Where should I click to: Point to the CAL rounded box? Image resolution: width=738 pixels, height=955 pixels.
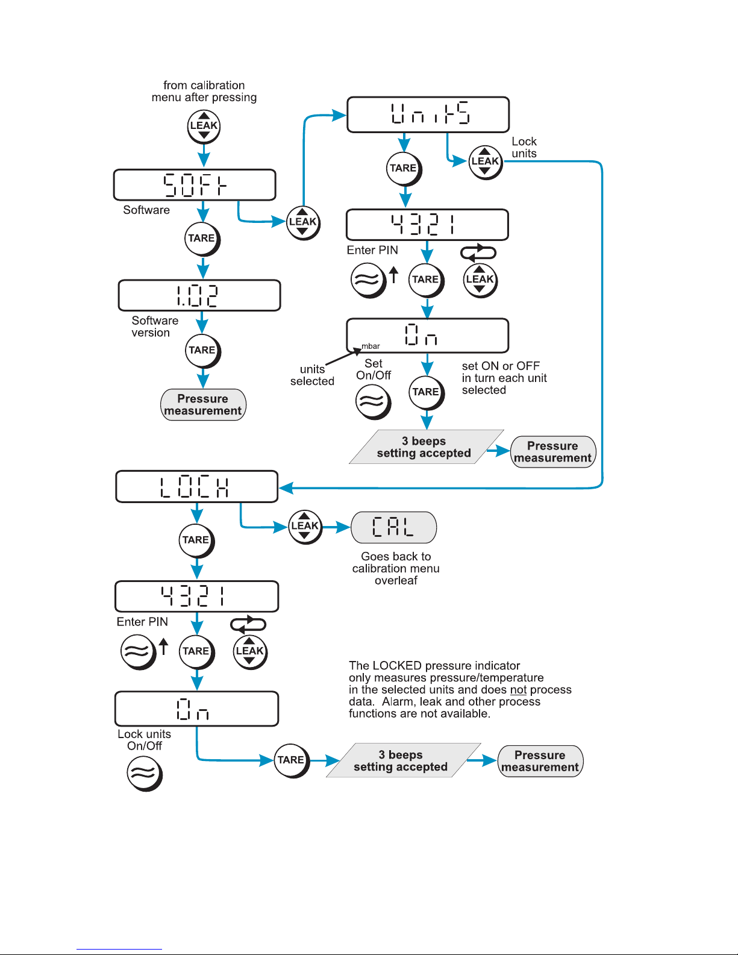(393, 527)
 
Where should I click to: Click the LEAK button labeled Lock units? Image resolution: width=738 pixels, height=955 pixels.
(486, 162)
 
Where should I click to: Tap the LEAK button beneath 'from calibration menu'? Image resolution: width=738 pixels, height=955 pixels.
(204, 127)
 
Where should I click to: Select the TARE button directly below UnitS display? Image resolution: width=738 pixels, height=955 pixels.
(404, 169)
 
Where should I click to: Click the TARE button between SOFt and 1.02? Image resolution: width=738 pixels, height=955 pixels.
(202, 239)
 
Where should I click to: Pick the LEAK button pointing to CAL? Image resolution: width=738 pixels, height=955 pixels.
(305, 527)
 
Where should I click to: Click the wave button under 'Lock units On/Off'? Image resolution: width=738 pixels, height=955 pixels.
(145, 774)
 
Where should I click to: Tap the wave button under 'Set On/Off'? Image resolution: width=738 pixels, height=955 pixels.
(373, 402)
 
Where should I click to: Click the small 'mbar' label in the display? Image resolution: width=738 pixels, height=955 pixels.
(371, 346)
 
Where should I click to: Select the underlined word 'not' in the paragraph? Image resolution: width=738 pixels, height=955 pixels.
(518, 689)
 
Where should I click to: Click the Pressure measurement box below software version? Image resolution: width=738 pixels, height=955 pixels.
(203, 404)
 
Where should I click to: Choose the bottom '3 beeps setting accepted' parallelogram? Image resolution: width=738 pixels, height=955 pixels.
(403, 760)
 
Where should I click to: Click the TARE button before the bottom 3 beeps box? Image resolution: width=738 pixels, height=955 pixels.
(292, 761)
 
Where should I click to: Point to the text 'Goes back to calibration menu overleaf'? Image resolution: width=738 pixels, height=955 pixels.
(396, 568)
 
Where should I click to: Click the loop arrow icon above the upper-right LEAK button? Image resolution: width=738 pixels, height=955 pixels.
(478, 252)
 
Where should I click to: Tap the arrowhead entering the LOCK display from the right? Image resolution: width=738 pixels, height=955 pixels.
(286, 488)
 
